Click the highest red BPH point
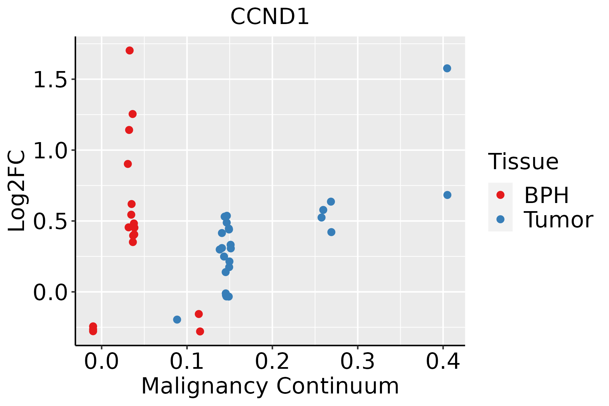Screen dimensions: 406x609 point(130,51)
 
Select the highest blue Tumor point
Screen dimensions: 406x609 point(447,68)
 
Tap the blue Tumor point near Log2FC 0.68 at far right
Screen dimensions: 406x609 point(447,195)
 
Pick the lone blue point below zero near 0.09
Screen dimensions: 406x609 point(177,319)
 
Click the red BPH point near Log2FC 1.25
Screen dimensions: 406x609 point(133,114)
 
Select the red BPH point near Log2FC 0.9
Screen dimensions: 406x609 point(128,164)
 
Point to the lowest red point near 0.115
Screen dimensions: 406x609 point(200,331)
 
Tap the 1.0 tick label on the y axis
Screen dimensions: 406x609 point(50,151)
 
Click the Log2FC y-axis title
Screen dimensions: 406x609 point(17,191)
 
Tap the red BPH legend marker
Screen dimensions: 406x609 point(500,195)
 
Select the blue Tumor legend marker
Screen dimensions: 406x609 point(500,219)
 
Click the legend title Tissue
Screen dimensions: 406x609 point(523,162)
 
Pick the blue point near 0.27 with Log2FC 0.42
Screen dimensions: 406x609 point(331,232)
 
